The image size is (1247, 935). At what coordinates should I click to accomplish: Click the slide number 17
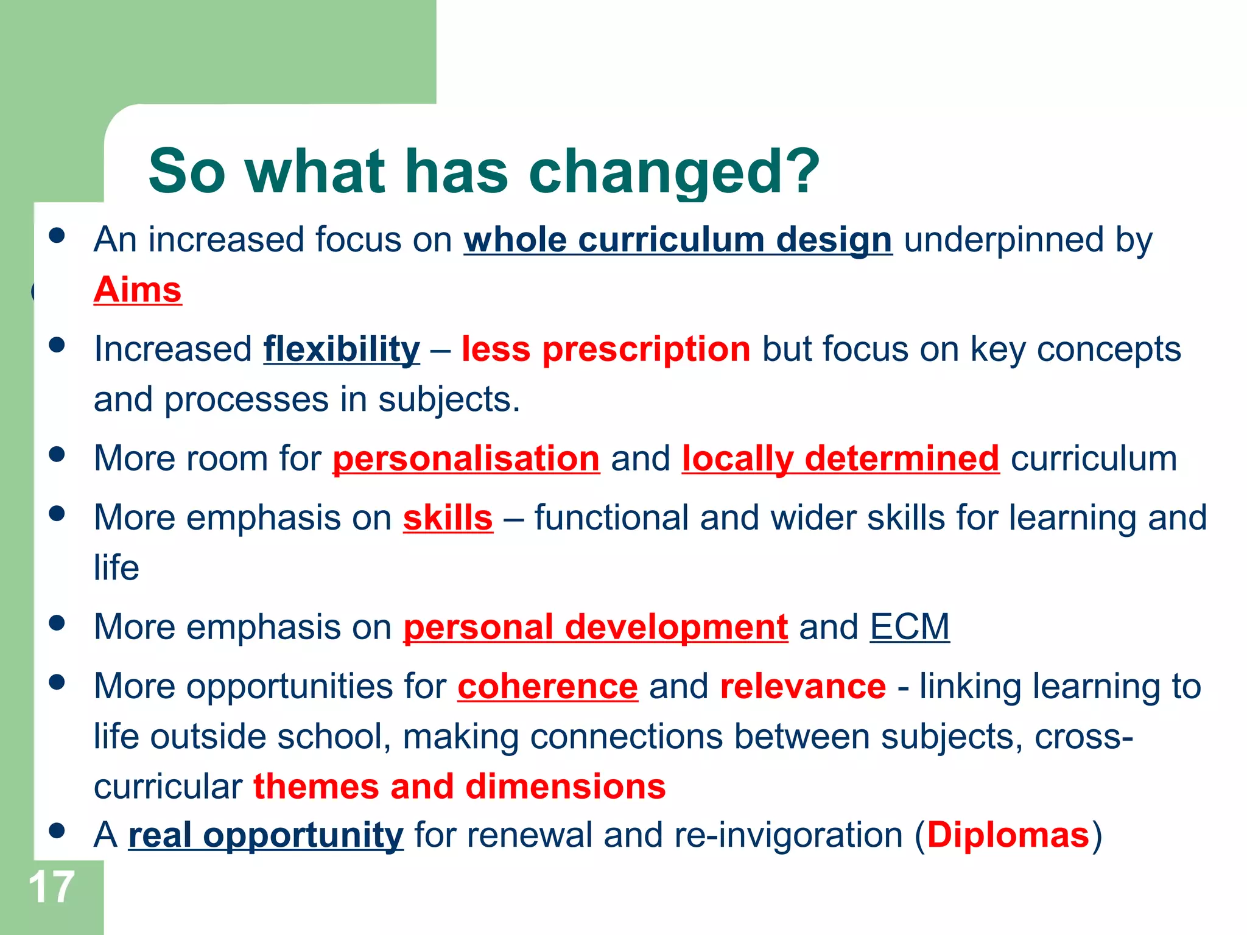tap(51, 888)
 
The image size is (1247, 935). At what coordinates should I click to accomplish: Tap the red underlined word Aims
tap(138, 289)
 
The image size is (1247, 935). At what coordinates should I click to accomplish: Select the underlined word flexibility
tap(342, 349)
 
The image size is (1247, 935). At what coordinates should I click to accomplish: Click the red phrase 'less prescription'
tap(606, 349)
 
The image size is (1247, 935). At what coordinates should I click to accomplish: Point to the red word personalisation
tap(466, 458)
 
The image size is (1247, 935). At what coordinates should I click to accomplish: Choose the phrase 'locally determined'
tap(840, 458)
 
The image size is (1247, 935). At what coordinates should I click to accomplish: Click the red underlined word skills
tap(448, 518)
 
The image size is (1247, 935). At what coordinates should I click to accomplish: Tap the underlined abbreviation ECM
tap(909, 627)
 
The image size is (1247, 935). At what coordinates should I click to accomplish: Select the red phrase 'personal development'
tap(595, 627)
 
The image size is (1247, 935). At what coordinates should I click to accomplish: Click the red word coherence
tap(547, 687)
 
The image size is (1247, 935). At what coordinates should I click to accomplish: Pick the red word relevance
tap(803, 687)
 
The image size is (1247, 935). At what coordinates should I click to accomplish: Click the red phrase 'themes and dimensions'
tap(459, 786)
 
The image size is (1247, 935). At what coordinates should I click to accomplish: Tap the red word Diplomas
tap(1008, 835)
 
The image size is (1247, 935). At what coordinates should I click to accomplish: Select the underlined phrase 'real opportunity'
tap(265, 835)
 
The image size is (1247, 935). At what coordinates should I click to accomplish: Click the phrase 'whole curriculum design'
tap(678, 240)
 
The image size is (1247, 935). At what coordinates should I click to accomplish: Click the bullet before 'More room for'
tap(57, 454)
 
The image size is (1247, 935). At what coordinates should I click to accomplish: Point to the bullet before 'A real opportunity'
tap(57, 830)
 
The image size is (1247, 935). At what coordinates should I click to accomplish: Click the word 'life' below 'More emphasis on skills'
tap(116, 568)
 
